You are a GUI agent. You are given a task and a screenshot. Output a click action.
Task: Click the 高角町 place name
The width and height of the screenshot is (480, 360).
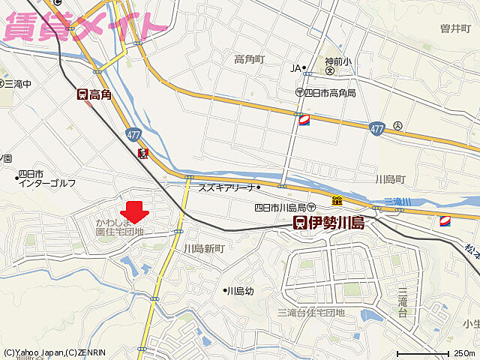[x=250, y=59]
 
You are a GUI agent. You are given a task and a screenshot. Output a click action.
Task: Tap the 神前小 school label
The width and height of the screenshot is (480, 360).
[x=329, y=64]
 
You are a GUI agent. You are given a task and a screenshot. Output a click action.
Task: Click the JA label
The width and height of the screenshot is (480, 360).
[x=295, y=68]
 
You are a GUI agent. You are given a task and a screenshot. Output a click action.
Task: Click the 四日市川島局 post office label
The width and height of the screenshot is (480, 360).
[x=284, y=207]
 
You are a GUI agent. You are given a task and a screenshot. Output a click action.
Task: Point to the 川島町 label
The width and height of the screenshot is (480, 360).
[x=389, y=180]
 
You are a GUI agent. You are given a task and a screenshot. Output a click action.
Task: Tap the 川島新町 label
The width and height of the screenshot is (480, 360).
[x=204, y=247]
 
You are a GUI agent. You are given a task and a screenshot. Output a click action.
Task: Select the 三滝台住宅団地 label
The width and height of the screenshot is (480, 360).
[x=311, y=312]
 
